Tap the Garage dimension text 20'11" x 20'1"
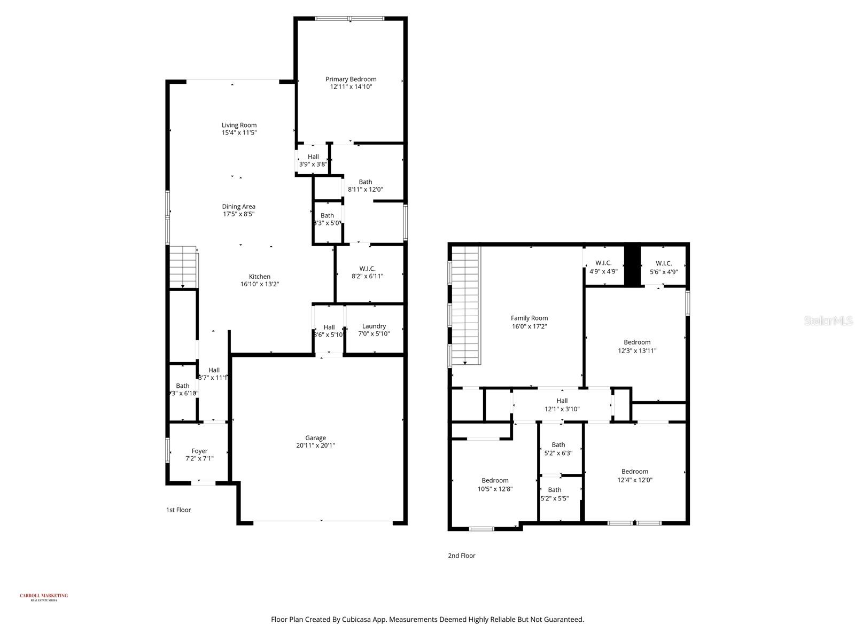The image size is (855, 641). tap(315, 445)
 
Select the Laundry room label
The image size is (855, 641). tap(374, 326)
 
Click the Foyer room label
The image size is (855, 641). tap(199, 451)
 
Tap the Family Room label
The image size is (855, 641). tap(529, 318)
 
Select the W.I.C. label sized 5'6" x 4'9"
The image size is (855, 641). tap(663, 263)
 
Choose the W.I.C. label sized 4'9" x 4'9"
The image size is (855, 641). tap(603, 263)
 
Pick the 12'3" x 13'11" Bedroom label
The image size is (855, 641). tap(637, 342)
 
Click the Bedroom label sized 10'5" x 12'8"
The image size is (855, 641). tap(495, 480)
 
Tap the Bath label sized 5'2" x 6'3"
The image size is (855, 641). tap(558, 444)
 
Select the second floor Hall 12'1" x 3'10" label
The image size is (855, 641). tap(562, 401)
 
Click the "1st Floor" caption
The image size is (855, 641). tap(178, 510)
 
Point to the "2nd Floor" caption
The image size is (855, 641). tap(461, 556)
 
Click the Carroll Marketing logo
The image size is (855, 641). tap(44, 597)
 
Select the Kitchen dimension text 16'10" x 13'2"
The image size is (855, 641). tap(259, 284)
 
